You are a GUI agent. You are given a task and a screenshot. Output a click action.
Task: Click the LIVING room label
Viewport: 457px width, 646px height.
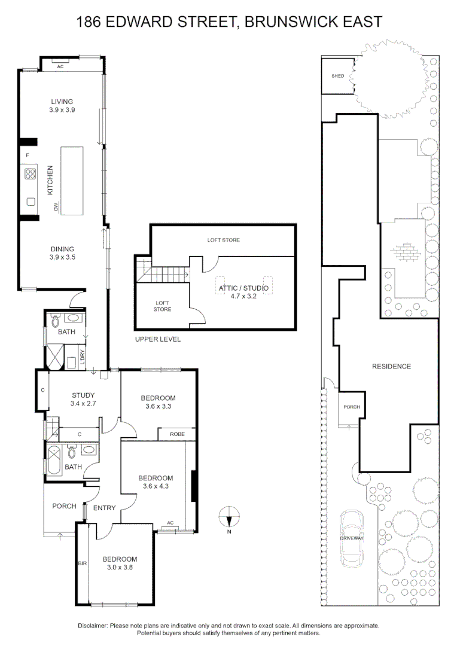[62, 101]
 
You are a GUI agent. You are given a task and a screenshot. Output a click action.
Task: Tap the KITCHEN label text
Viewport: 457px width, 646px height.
[50, 180]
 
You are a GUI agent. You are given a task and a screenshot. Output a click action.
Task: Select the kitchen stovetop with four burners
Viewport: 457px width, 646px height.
[30, 174]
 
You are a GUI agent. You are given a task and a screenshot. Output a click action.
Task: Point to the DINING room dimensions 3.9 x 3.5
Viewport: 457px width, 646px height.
[62, 257]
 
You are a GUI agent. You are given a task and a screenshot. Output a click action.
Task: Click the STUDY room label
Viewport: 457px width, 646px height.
[83, 395]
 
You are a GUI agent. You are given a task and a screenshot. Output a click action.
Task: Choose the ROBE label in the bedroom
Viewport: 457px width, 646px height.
[177, 434]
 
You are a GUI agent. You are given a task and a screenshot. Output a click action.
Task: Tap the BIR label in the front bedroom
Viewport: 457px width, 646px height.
[83, 563]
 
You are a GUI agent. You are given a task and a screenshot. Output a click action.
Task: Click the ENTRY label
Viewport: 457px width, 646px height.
[104, 508]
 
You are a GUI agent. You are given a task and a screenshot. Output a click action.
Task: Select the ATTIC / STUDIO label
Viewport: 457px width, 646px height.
[243, 288]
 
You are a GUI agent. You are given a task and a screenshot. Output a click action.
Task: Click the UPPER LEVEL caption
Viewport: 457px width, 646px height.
[158, 339]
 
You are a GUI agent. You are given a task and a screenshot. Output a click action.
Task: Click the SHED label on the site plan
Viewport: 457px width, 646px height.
[337, 76]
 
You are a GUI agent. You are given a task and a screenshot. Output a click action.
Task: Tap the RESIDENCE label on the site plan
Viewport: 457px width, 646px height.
[391, 366]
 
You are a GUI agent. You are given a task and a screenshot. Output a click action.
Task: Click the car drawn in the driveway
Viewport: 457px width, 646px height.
[352, 539]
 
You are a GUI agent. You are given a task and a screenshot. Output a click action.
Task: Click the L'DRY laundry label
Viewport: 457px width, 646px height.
[82, 357]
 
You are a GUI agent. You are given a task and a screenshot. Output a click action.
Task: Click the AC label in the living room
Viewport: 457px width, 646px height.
[60, 66]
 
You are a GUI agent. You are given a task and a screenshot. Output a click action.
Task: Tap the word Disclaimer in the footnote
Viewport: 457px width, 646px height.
[93, 626]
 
